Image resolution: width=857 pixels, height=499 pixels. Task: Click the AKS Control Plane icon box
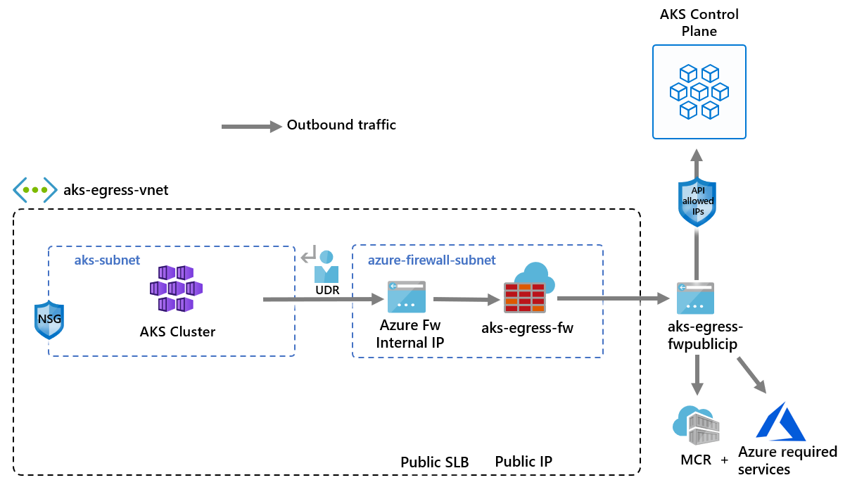pos(699,91)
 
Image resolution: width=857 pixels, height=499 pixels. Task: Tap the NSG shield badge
pos(49,320)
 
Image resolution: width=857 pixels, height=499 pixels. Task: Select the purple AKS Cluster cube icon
pos(176,289)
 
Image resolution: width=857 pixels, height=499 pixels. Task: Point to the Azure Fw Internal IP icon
pos(406,297)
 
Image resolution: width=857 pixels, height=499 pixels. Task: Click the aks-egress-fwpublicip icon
pos(695,298)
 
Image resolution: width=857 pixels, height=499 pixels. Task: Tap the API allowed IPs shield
pos(697,202)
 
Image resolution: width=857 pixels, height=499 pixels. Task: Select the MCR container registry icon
pos(697,424)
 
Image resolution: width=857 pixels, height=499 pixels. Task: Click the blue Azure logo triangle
pos(780,422)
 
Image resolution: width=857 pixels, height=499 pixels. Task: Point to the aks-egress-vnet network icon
pos(34,190)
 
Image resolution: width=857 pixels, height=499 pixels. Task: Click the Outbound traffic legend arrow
pos(250,127)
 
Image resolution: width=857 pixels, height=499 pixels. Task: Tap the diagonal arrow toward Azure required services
pos(751,374)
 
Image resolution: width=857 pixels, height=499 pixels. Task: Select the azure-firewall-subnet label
pos(431,260)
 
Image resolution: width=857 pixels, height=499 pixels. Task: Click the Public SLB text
pos(434,462)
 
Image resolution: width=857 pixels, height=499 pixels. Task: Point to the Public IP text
pos(523,462)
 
